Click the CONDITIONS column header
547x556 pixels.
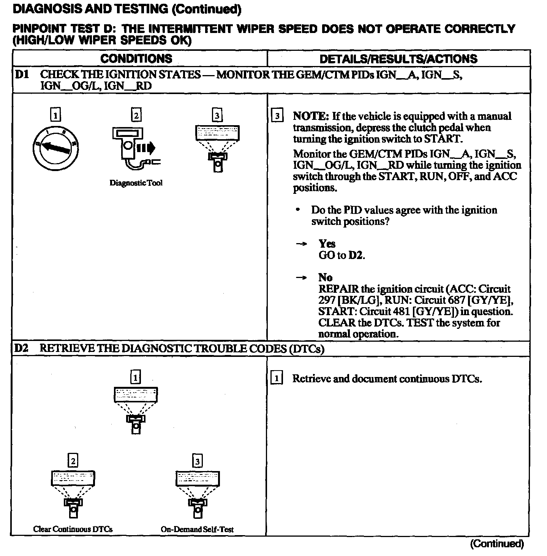coord(136,59)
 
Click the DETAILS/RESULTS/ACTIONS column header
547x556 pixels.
coord(398,59)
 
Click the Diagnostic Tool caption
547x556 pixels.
coord(136,183)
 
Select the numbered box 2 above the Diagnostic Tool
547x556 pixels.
coord(136,115)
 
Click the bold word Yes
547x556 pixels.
coord(327,244)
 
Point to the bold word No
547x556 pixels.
coord(325,278)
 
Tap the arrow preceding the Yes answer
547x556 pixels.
coord(301,244)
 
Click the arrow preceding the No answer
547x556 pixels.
coord(301,278)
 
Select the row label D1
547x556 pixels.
coord(22,75)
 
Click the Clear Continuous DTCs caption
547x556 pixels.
coord(73,529)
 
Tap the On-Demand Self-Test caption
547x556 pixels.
coord(197,529)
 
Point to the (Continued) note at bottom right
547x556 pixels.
coord(497,544)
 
